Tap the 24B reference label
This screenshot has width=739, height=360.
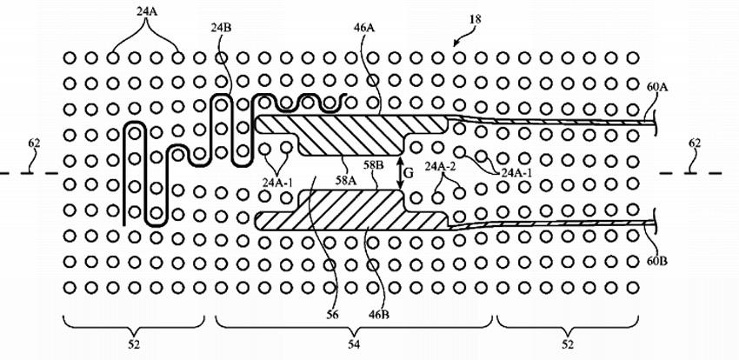click(x=222, y=27)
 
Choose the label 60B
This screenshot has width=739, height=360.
click(x=658, y=260)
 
